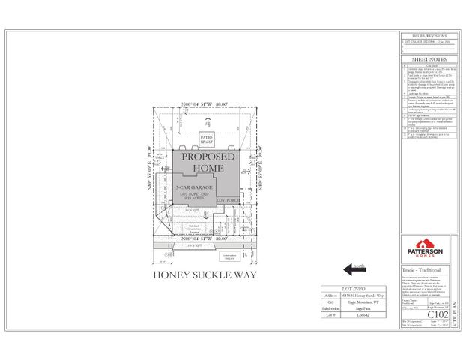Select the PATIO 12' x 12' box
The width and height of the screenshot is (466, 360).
(x=207, y=139)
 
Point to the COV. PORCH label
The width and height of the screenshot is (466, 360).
(x=226, y=201)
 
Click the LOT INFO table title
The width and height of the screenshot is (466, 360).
(x=356, y=287)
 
